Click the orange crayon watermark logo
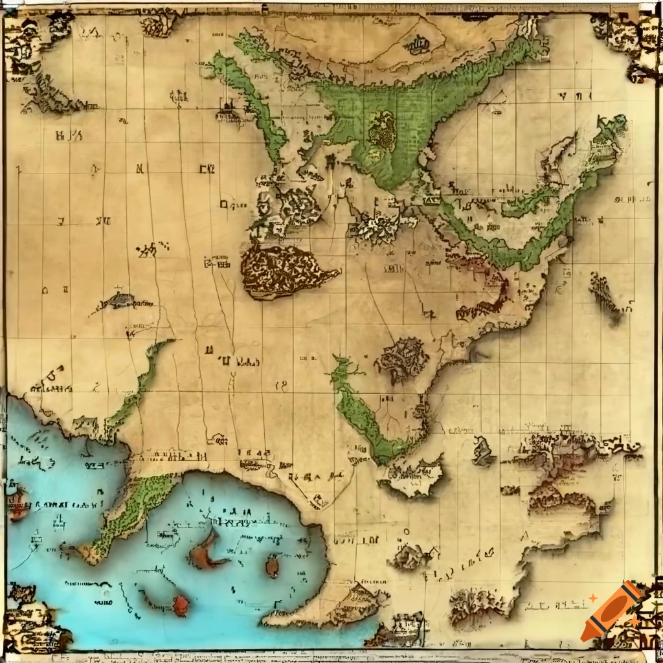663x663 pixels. (610, 611)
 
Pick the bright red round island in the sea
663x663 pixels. (181, 605)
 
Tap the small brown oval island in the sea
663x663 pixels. (273, 567)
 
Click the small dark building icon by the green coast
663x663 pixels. (227, 107)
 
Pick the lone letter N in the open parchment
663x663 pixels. (139, 169)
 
